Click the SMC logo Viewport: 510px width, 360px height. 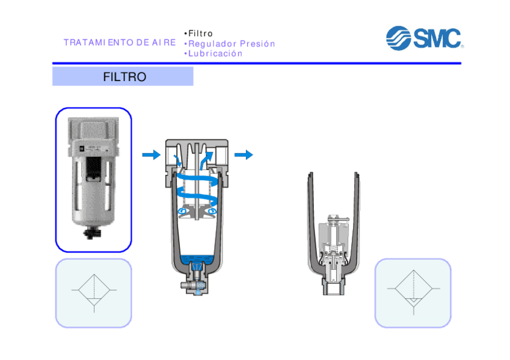(x=425, y=38)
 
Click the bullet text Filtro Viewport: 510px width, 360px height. (x=200, y=34)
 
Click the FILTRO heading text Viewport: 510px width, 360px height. (x=124, y=77)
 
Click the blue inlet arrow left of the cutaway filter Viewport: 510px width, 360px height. (x=152, y=154)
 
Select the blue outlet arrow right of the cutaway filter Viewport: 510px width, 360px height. (x=244, y=154)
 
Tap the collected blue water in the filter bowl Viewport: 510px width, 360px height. (x=197, y=259)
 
